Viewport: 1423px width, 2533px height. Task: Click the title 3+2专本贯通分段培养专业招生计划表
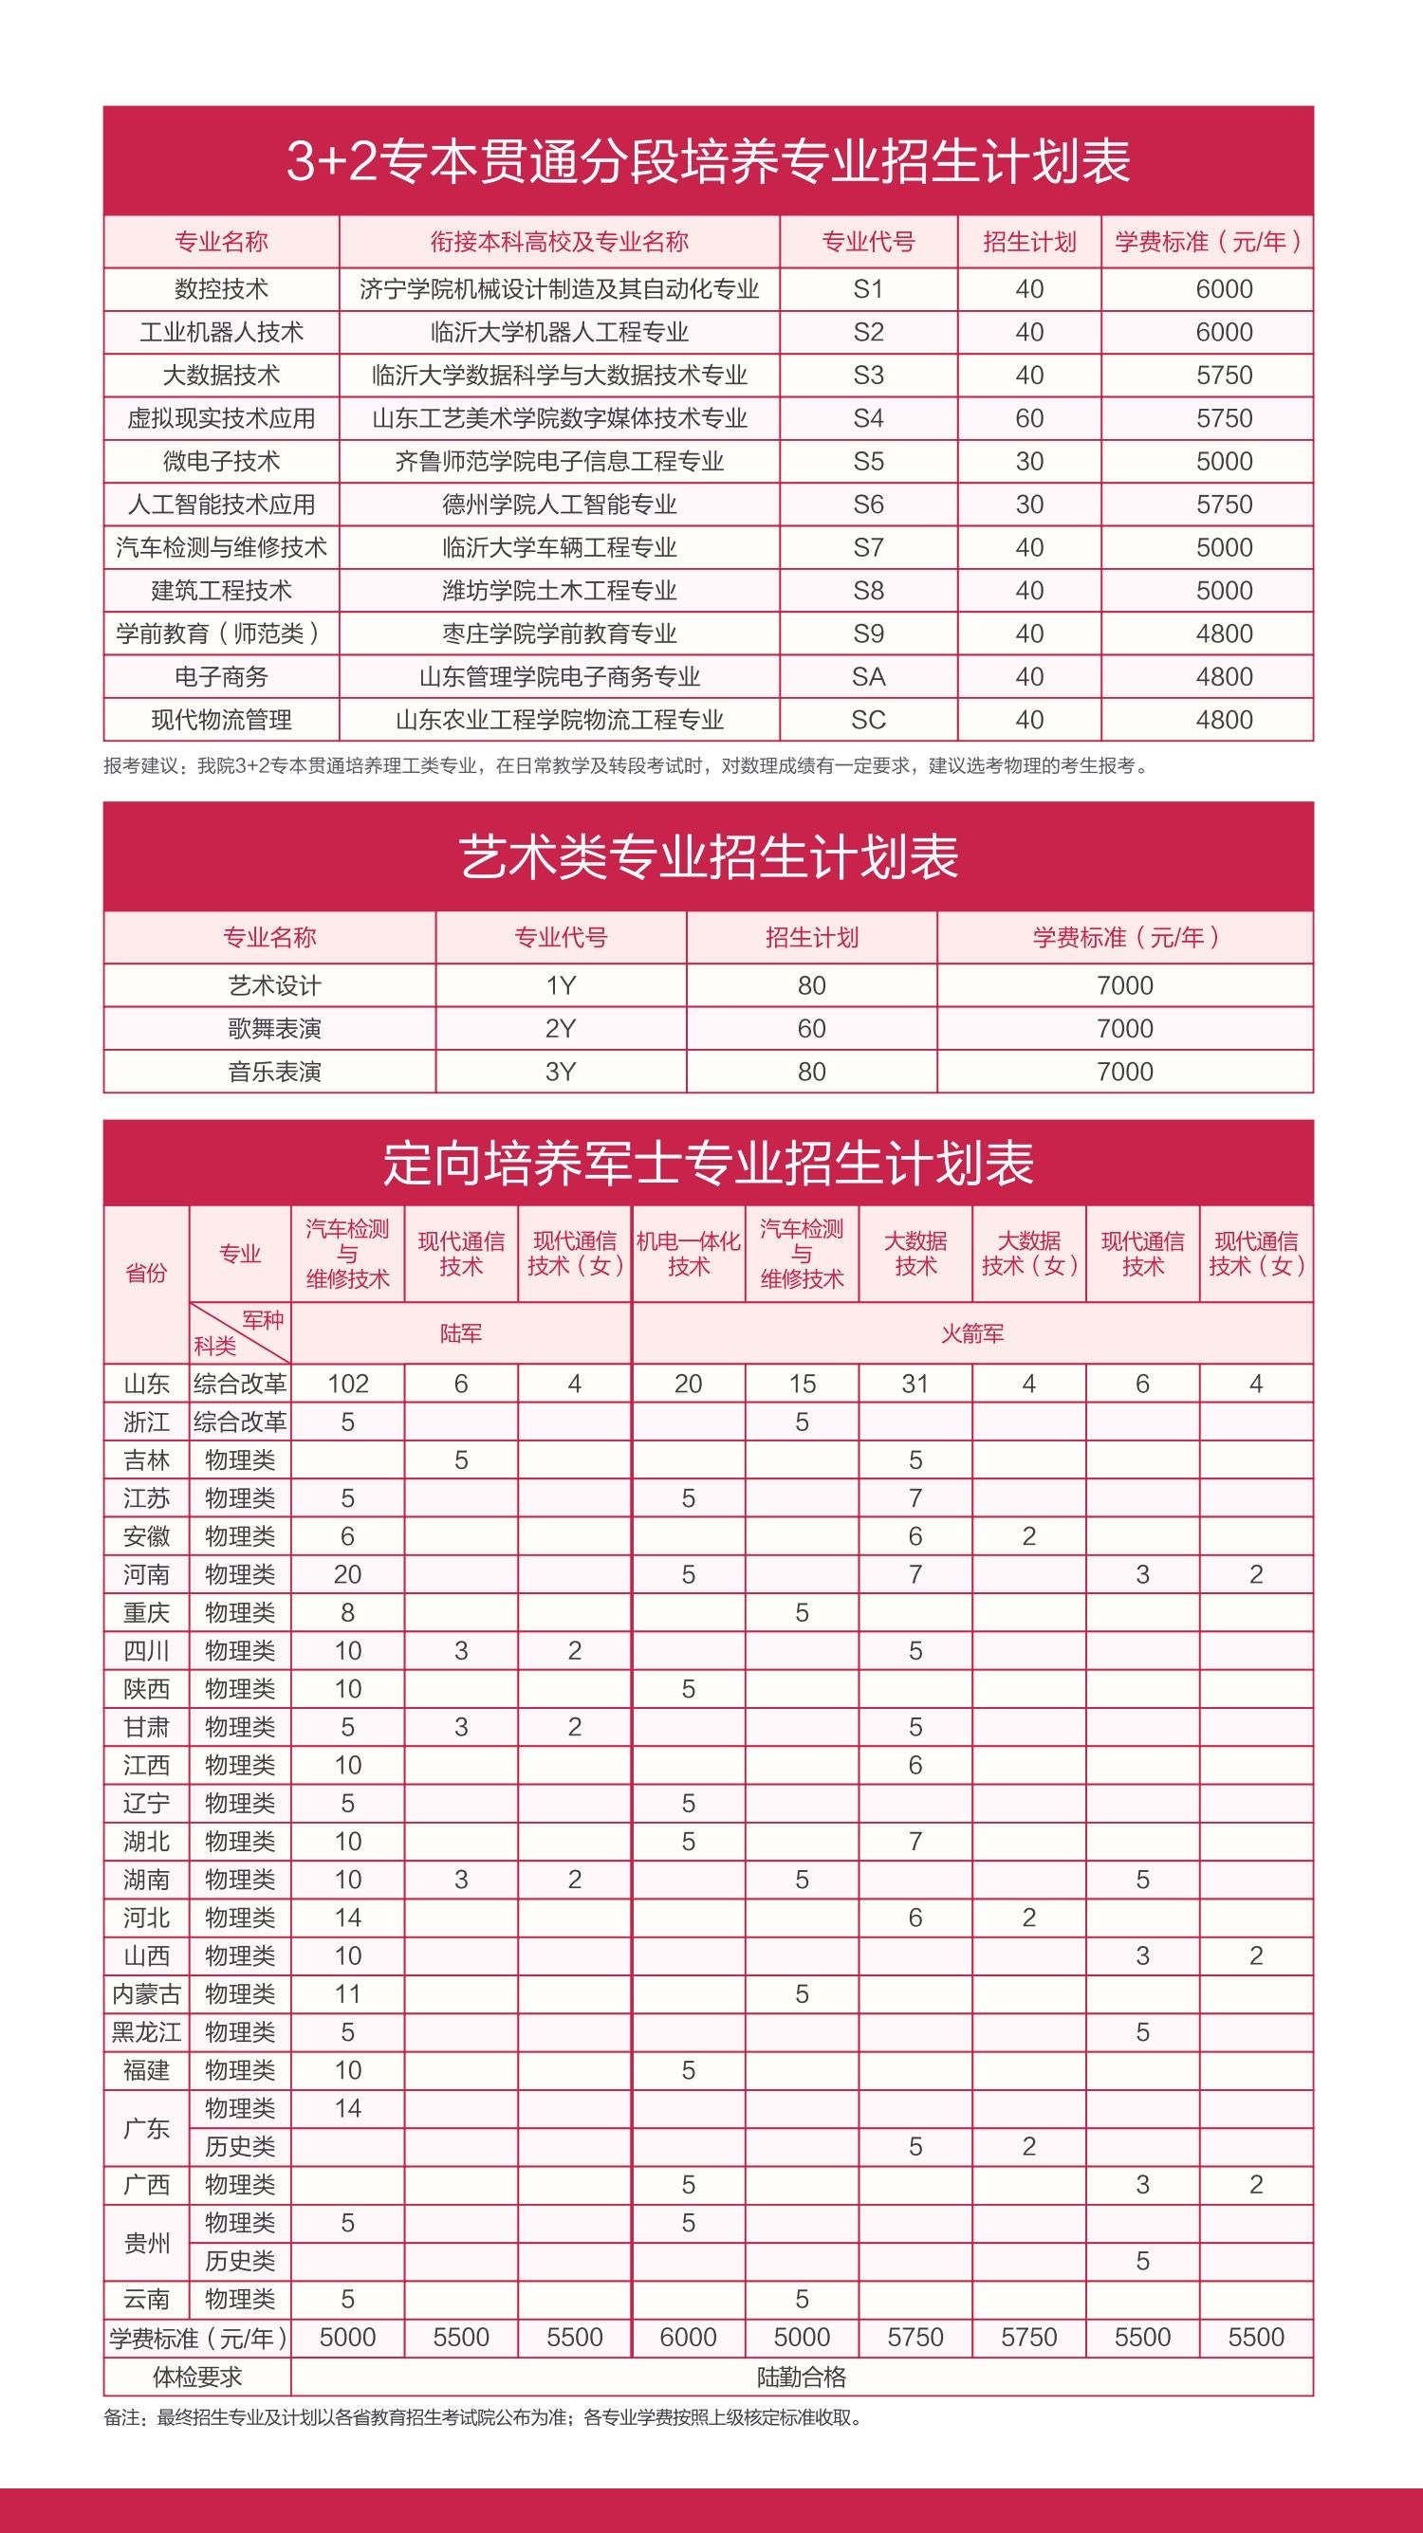pyautogui.click(x=708, y=161)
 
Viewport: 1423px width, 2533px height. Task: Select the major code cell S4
pyautogui.click(x=868, y=419)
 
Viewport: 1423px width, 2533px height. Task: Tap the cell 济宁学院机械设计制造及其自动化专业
pyautogui.click(x=559, y=289)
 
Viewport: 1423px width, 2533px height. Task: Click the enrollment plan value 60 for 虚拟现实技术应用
pyautogui.click(x=1028, y=419)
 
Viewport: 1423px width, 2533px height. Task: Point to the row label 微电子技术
pyautogui.click(x=221, y=461)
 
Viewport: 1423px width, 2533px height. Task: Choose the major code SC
pyautogui.click(x=868, y=720)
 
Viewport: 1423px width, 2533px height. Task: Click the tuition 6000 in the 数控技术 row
pyautogui.click(x=1224, y=289)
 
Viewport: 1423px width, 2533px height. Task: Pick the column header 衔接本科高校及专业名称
pyautogui.click(x=559, y=242)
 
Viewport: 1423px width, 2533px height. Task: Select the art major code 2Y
pyautogui.click(x=561, y=1029)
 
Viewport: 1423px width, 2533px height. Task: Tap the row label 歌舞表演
pyautogui.click(x=274, y=1029)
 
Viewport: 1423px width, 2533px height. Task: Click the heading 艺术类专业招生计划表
pyautogui.click(x=708, y=856)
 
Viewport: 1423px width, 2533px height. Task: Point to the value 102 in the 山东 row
pyautogui.click(x=347, y=1384)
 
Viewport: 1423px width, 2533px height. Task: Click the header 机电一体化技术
pyautogui.click(x=688, y=1254)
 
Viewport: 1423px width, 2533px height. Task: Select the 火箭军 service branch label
pyautogui.click(x=971, y=1333)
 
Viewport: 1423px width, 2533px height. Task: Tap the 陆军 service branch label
pyautogui.click(x=460, y=1333)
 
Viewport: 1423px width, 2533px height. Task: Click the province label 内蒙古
pyautogui.click(x=146, y=1993)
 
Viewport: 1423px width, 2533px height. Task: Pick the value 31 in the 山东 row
pyautogui.click(x=915, y=1384)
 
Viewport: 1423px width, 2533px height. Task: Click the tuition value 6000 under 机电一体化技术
pyautogui.click(x=688, y=2338)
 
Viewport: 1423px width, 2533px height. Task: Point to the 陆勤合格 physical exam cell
pyautogui.click(x=802, y=2377)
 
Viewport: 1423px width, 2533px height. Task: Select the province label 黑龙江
pyautogui.click(x=146, y=2031)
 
